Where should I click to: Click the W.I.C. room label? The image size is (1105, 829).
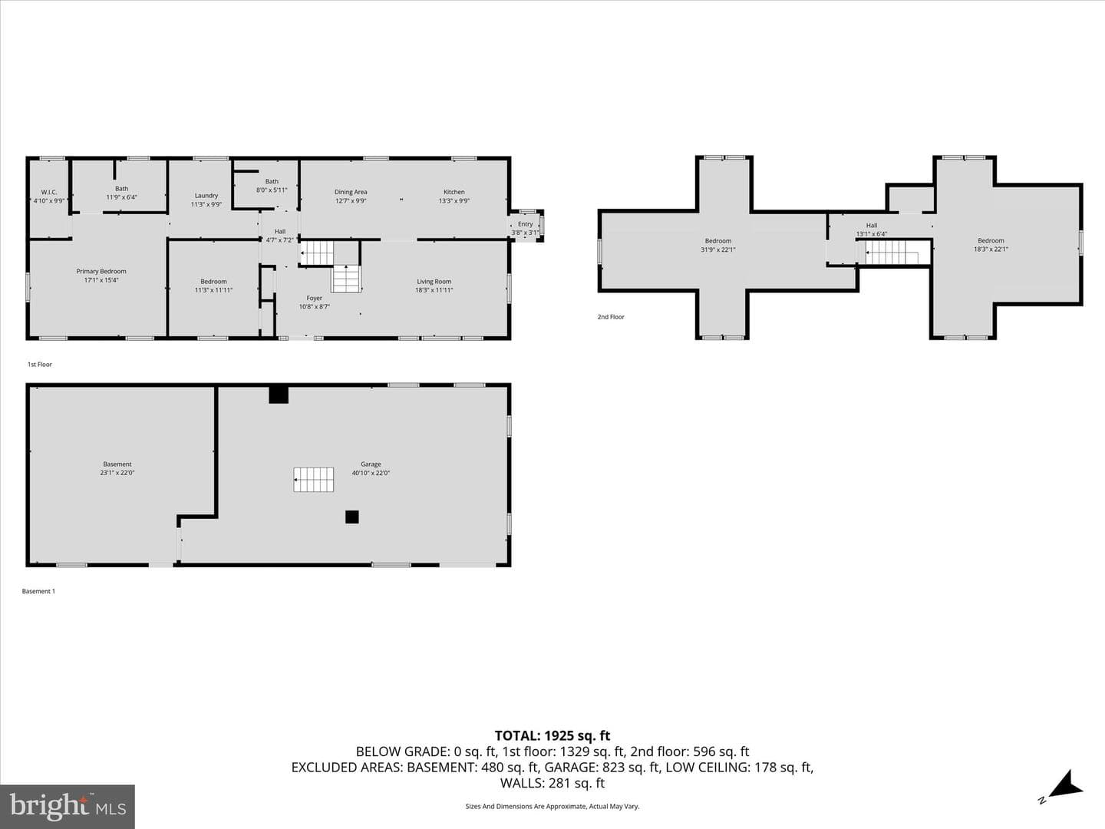[x=49, y=192]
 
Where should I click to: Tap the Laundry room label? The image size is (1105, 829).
[x=206, y=196]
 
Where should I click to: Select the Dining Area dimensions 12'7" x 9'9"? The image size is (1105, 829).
[x=351, y=201]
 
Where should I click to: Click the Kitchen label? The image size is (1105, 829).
[x=454, y=192]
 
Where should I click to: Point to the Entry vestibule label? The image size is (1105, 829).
[x=525, y=224]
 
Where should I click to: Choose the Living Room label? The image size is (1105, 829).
[x=434, y=282]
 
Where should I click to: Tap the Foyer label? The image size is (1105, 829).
[x=314, y=298]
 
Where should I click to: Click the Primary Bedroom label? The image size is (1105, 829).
[x=101, y=271]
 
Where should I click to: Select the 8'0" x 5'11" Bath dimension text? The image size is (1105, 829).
[x=272, y=190]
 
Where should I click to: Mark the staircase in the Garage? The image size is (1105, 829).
[x=314, y=480]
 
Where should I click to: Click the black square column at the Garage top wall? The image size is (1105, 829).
[x=279, y=394]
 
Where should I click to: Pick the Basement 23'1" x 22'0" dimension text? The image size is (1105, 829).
[x=117, y=473]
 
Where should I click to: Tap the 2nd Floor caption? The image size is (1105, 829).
[x=611, y=316]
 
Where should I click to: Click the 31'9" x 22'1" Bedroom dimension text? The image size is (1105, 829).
[x=718, y=249]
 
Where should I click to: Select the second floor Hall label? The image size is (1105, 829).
[x=872, y=226]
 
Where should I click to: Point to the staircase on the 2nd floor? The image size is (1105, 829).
[x=892, y=253]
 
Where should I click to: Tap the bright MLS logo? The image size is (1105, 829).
[x=68, y=806]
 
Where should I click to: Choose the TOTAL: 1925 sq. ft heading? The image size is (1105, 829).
[x=552, y=736]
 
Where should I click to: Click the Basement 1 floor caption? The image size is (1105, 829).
[x=38, y=591]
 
